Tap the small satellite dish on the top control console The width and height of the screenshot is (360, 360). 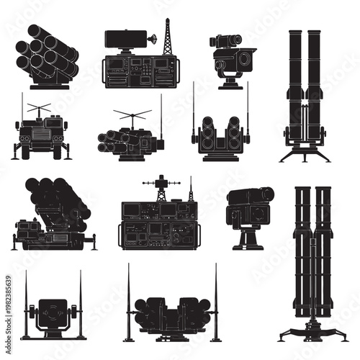click(153, 40)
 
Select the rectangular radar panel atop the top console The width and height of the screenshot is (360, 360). click(122, 40)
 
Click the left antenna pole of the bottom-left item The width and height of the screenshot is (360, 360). click(27, 302)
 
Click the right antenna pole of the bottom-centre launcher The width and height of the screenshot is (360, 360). click(216, 302)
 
